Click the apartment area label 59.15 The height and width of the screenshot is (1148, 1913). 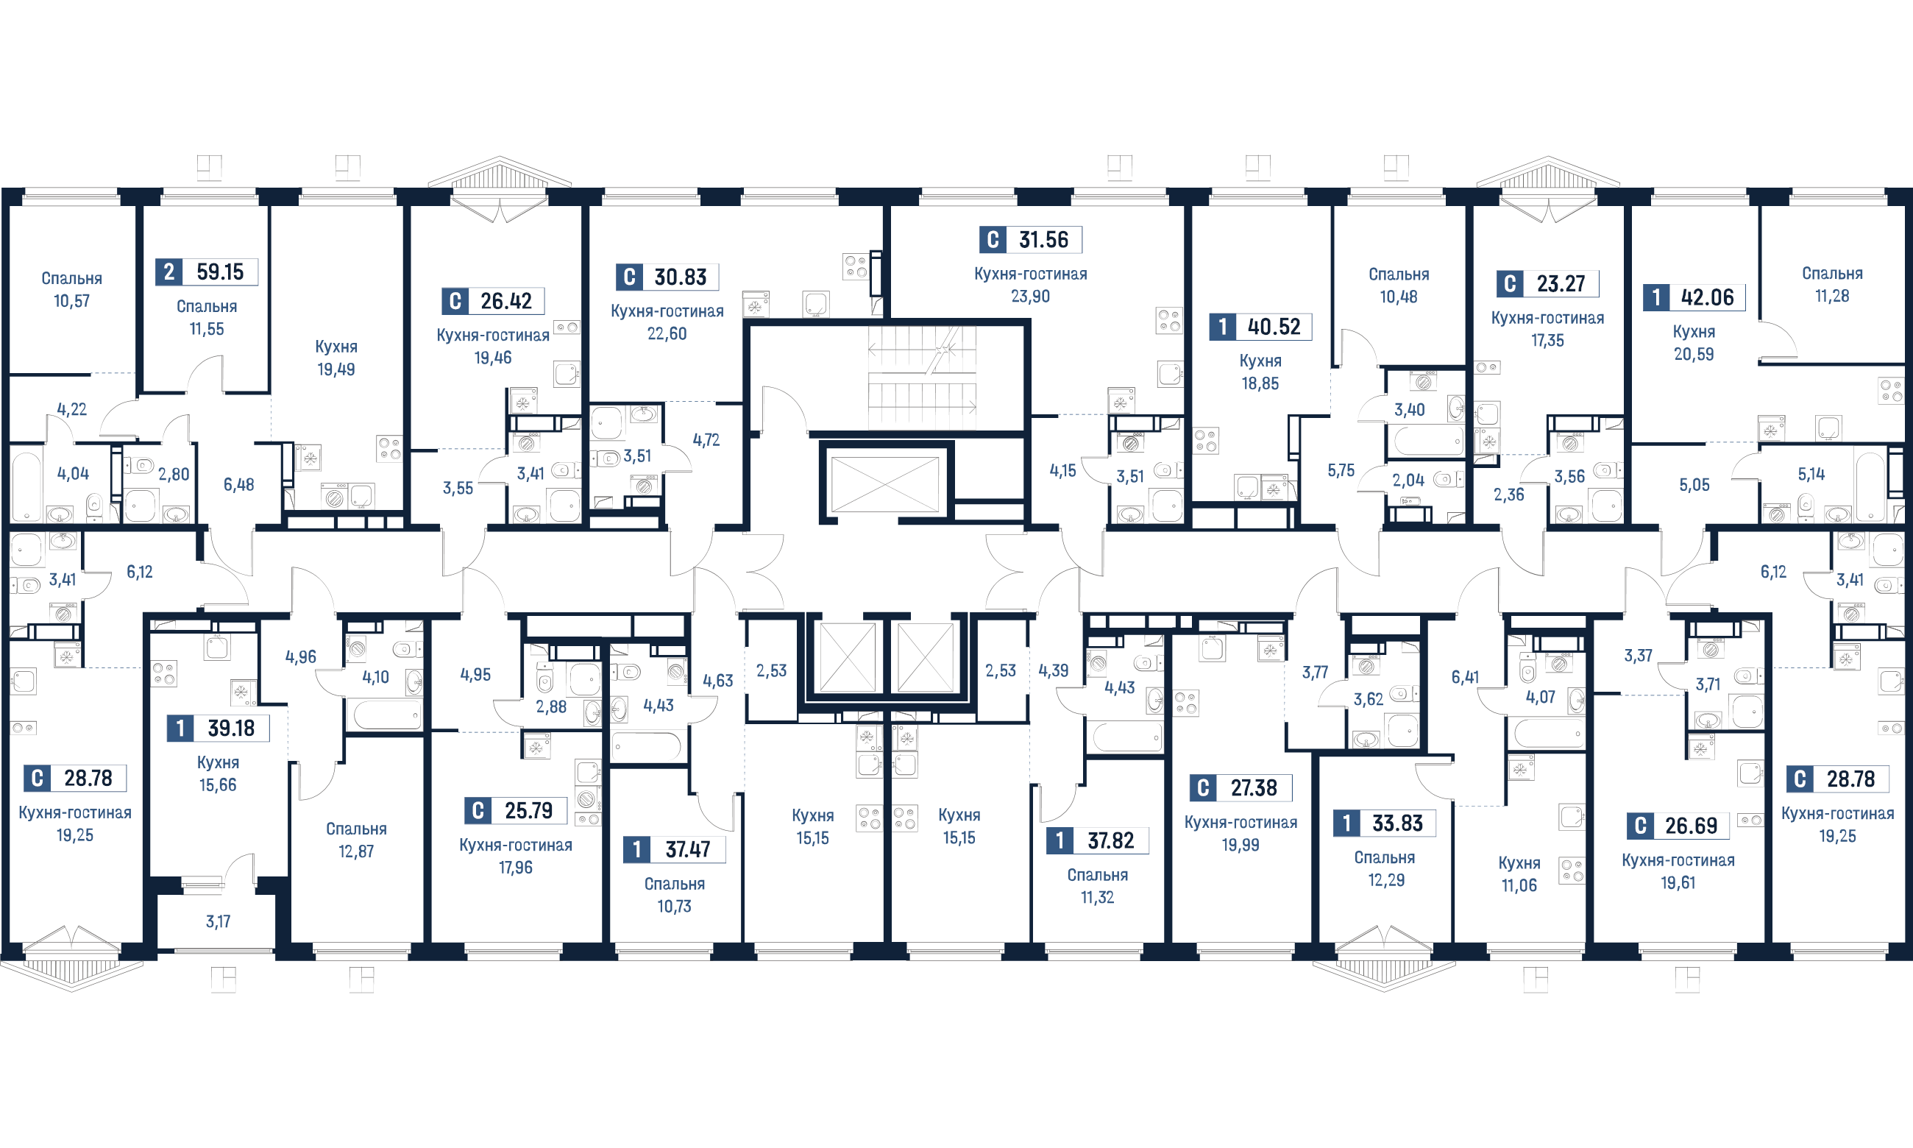coord(207,272)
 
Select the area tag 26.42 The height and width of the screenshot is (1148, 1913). coord(492,301)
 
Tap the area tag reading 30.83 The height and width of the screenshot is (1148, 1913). coord(667,277)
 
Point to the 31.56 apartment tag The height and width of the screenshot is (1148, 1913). coord(1031,240)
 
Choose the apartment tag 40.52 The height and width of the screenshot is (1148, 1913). coord(1261,327)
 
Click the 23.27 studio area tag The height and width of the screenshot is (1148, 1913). coord(1548,284)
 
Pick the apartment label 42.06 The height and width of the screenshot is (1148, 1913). coord(1694,297)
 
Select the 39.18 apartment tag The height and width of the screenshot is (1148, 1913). coord(219,728)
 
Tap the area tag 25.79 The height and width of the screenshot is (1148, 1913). coord(516,811)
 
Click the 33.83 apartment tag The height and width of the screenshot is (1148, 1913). coord(1385,823)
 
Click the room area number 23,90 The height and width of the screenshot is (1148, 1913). coord(1031,297)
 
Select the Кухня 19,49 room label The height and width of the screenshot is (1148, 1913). coord(336,358)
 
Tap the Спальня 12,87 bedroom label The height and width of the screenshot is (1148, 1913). coord(356,840)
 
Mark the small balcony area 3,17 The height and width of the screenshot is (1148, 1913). coord(218,921)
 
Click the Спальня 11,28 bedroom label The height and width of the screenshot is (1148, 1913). coord(1833,285)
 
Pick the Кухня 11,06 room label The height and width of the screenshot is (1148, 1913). coord(1519,874)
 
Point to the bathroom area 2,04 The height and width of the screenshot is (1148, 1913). coord(1408,481)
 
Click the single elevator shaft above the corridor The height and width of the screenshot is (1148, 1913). coord(884,483)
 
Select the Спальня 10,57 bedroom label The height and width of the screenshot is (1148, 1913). coord(72,290)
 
